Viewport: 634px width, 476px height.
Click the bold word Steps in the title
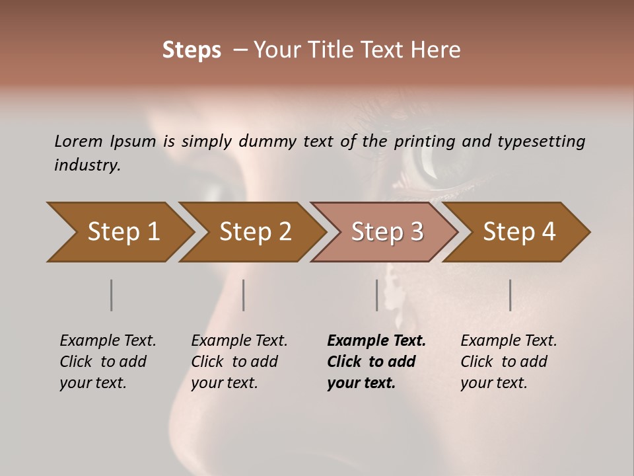[x=192, y=50]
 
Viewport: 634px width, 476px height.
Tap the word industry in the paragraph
[x=87, y=165]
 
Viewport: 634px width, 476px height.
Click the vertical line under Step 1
[x=111, y=295]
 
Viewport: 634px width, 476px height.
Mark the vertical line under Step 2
[x=244, y=295]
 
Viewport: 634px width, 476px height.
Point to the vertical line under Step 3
[x=377, y=295]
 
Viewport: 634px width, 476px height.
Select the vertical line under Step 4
[x=511, y=295]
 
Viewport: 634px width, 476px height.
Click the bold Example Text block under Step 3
[x=376, y=362]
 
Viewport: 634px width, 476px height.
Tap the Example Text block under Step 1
[x=108, y=362]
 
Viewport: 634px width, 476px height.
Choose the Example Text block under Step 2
[x=239, y=362]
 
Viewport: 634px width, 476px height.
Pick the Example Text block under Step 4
[x=509, y=362]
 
